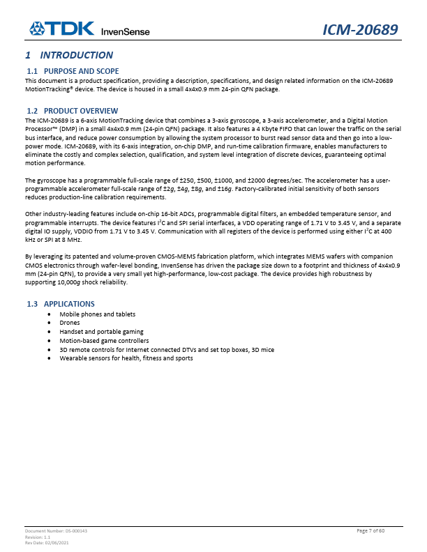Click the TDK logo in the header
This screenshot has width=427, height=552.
click(x=61, y=29)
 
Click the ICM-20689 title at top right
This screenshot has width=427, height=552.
click(x=360, y=30)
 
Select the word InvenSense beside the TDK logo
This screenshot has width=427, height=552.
click(x=126, y=31)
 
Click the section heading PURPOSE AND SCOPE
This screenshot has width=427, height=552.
click(x=81, y=71)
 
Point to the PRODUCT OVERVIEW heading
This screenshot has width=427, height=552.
click(x=81, y=111)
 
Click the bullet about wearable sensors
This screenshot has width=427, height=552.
click(x=126, y=358)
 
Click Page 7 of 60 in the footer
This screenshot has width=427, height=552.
click(x=375, y=531)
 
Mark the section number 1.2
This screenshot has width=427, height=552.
click(x=32, y=111)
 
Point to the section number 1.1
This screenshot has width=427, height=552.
click(x=32, y=71)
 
